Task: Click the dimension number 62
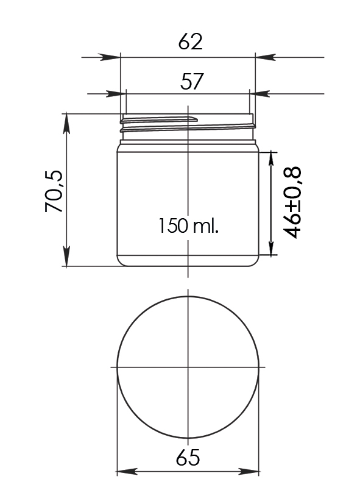coord(191,41)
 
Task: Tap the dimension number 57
coord(192,82)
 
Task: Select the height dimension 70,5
coord(54,191)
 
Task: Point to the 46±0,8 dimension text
coord(292,202)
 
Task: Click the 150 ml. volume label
coord(188,225)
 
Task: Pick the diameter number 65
coord(188,458)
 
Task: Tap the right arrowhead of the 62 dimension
coord(265,57)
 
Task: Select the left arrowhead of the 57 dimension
coord(116,94)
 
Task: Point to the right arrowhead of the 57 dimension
coord(260,94)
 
